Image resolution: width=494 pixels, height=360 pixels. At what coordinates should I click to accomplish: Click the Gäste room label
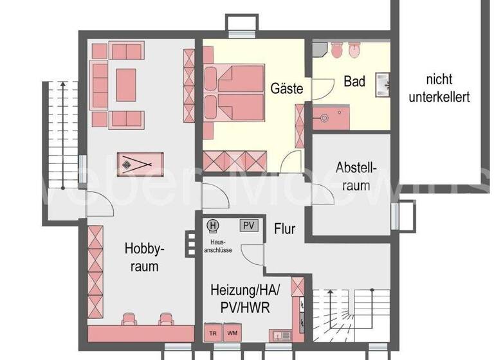pyautogui.click(x=287, y=88)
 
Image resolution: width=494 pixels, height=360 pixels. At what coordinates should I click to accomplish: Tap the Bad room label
pyautogui.click(x=354, y=82)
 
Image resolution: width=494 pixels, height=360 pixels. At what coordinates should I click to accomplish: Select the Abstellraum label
pyautogui.click(x=354, y=176)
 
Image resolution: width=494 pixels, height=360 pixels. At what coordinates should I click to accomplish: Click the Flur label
pyautogui.click(x=284, y=228)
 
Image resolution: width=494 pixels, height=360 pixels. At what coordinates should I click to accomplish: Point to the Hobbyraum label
pyautogui.click(x=142, y=256)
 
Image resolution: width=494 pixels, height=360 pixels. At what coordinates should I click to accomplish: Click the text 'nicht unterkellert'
pyautogui.click(x=439, y=89)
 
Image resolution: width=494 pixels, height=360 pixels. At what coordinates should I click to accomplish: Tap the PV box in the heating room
pyautogui.click(x=248, y=225)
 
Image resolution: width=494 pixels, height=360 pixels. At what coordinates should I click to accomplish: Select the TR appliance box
pyautogui.click(x=212, y=333)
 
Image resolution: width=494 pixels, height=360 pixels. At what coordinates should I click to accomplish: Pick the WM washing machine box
pyautogui.click(x=232, y=333)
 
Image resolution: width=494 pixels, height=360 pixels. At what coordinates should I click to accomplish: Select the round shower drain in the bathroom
pyautogui.click(x=325, y=118)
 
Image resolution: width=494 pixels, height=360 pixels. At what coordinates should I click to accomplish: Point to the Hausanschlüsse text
pyautogui.click(x=217, y=246)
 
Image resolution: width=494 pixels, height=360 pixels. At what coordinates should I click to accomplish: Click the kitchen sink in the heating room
pyautogui.click(x=280, y=334)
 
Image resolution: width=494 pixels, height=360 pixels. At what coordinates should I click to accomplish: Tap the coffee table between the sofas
pyautogui.click(x=126, y=84)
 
